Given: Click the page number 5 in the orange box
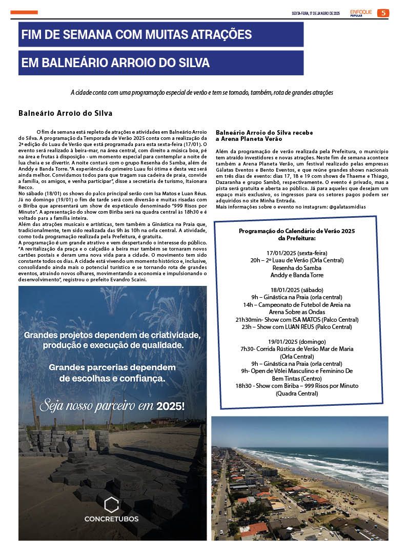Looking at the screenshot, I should [x=383, y=13].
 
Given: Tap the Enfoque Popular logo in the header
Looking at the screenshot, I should [x=361, y=13].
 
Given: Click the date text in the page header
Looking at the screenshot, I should [x=316, y=13].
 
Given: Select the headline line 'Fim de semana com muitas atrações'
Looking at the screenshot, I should [x=137, y=35].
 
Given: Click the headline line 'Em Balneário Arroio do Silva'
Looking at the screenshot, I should [x=116, y=63].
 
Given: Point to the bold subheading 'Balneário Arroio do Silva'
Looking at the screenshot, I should [x=65, y=113].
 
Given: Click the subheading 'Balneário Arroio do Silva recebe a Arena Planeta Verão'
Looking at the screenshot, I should [x=264, y=136].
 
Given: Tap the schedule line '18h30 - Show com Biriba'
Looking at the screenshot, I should [x=297, y=385].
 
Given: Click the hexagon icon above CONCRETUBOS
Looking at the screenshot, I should [x=111, y=504].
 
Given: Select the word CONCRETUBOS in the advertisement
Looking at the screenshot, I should [x=111, y=519].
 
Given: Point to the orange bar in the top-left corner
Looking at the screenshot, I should [x=24, y=12].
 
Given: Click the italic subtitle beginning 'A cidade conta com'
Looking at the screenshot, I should [x=202, y=93].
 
